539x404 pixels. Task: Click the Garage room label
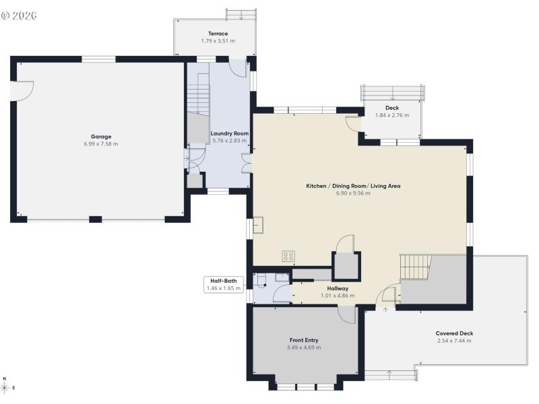(x=101, y=137)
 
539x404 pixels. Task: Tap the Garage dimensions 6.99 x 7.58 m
(x=101, y=144)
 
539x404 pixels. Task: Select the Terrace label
(x=218, y=34)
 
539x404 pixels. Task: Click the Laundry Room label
(x=230, y=133)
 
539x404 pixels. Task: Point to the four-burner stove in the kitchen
(x=288, y=256)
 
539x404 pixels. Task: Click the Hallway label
(x=338, y=288)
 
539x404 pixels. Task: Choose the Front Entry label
(x=304, y=340)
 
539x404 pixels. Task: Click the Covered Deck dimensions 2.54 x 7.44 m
(x=453, y=341)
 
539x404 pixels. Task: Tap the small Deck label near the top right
(x=392, y=108)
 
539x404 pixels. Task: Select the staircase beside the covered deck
(x=415, y=266)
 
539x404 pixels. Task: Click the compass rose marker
(x=5, y=388)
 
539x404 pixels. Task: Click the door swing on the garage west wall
(x=22, y=91)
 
